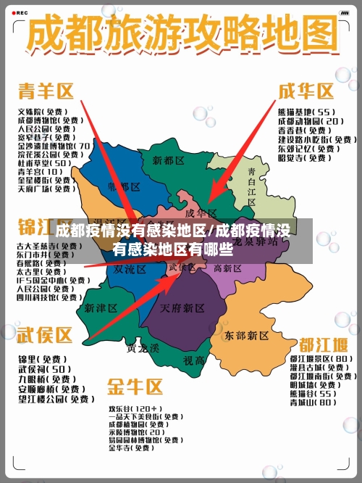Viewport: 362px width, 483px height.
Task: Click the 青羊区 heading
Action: pyautogui.click(x=46, y=91)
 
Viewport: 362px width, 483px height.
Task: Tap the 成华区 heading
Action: pyautogui.click(x=307, y=91)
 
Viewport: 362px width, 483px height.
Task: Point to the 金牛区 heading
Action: pyautogui.click(x=135, y=385)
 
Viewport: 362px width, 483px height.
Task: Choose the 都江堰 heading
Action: pyautogui.click(x=319, y=343)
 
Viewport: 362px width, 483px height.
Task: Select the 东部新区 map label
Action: pyautogui.click(x=247, y=336)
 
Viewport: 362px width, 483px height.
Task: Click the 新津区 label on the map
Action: pyautogui.click(x=101, y=307)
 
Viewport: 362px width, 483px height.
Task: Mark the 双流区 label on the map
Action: pyautogui.click(x=130, y=268)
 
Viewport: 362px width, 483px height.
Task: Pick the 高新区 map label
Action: pyautogui.click(x=227, y=268)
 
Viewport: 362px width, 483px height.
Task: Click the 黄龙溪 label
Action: pyautogui.click(x=143, y=347)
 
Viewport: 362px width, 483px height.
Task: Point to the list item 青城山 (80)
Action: pyautogui.click(x=313, y=402)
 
